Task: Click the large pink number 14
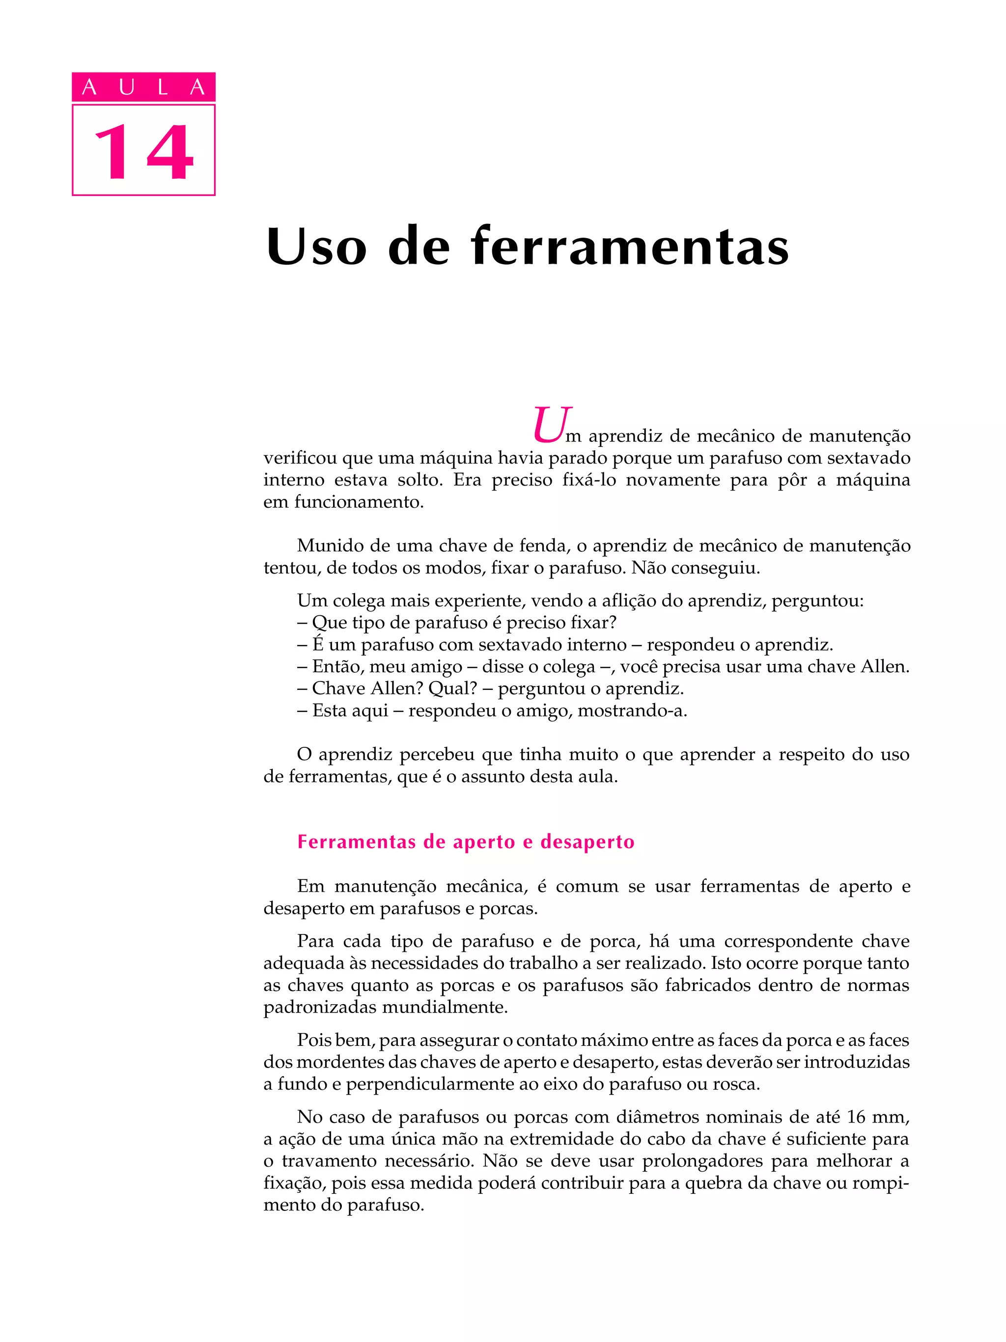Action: (144, 152)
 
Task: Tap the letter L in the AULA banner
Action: (162, 88)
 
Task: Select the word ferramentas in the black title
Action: (630, 247)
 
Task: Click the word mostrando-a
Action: (632, 710)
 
